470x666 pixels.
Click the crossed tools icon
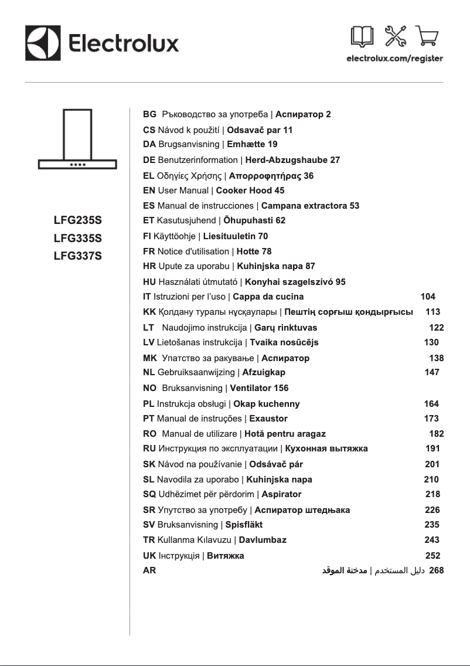pos(395,37)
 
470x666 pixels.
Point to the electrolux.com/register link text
pos(394,59)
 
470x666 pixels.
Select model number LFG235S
pos(78,221)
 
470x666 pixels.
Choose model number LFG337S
pos(78,256)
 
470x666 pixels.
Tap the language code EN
pos(149,191)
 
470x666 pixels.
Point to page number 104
pos(428,297)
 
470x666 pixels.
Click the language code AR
pos(149,570)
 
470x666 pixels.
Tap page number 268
pos(437,570)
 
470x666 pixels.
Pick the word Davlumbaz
pos(263,539)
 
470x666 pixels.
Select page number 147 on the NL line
pos(431,372)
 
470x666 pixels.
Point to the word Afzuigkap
pos(264,372)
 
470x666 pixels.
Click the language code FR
pos(149,252)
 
